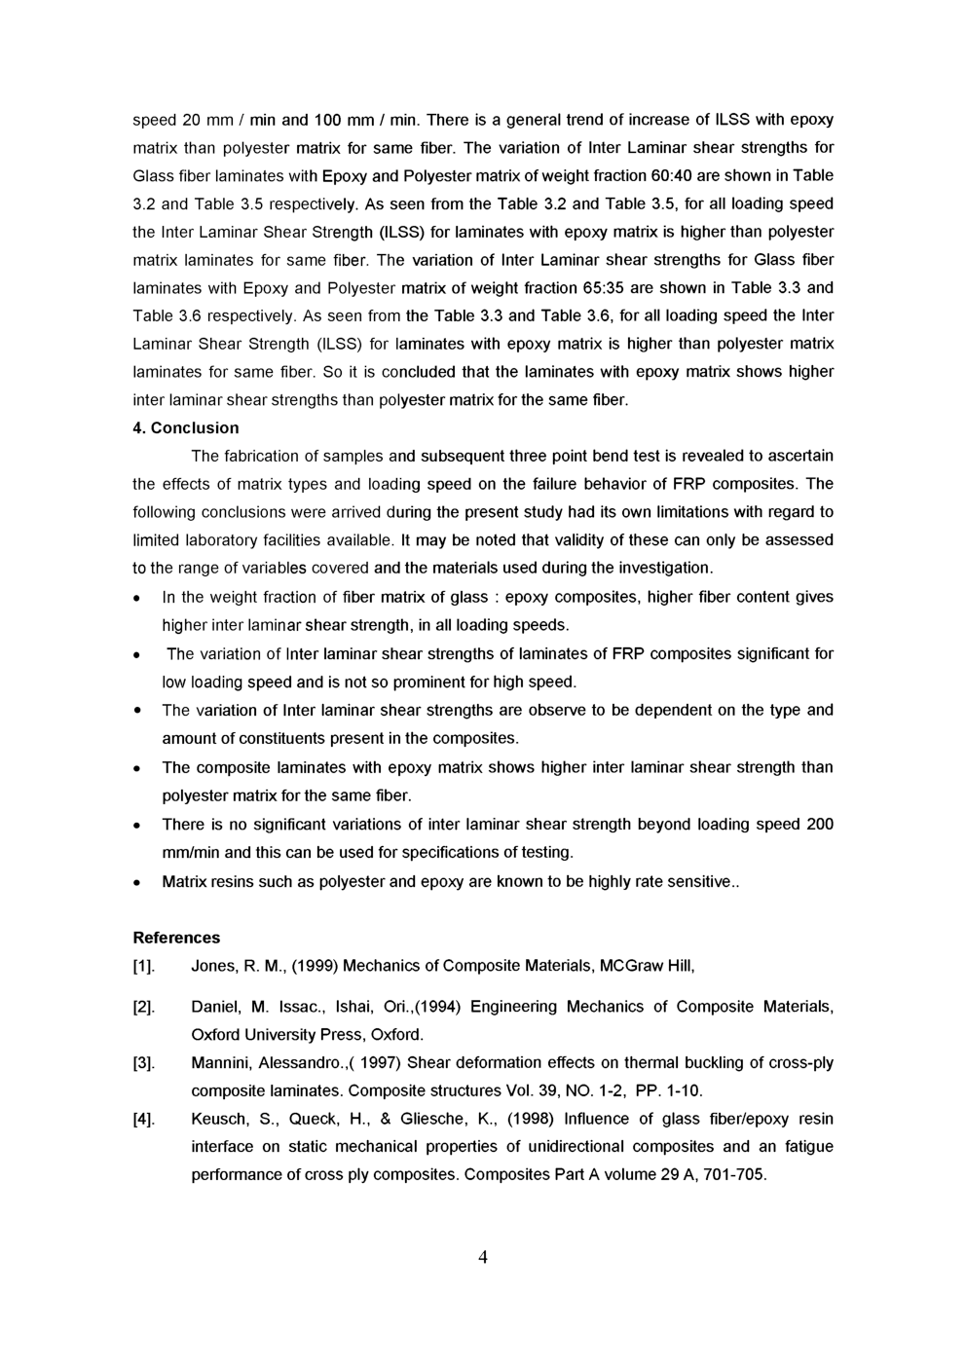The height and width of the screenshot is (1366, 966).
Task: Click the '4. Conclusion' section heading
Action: (185, 427)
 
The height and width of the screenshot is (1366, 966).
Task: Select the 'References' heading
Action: (176, 938)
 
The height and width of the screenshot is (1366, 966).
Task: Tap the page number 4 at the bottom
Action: (482, 1257)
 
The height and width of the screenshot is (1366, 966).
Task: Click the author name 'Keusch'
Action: (218, 1119)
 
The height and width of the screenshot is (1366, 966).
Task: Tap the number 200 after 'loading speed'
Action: (820, 825)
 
